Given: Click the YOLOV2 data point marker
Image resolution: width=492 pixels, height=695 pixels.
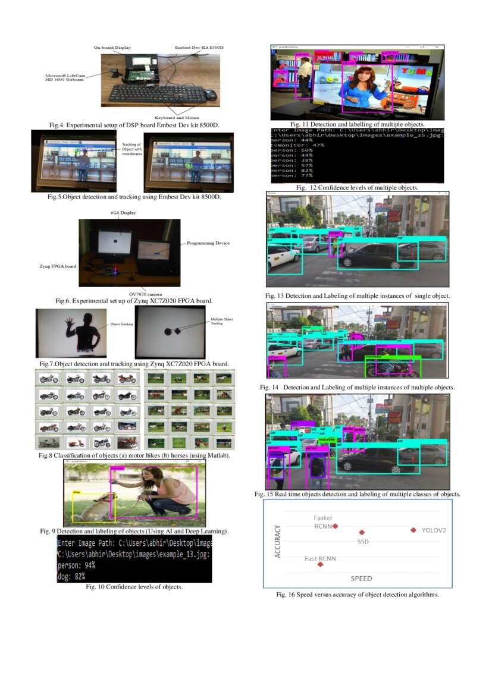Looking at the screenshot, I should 413,530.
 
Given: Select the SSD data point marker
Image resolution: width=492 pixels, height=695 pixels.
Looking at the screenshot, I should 362,533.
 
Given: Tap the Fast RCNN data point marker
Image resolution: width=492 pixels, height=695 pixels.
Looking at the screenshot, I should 321,564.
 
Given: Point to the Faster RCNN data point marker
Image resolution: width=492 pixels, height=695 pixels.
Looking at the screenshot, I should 336,526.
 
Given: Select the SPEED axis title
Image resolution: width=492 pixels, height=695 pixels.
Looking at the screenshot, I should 361,578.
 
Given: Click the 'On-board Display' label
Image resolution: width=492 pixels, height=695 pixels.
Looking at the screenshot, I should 112,47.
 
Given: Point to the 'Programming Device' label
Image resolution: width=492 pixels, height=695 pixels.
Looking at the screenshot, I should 208,243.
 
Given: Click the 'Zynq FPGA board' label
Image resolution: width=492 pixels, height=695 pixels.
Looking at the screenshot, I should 56,267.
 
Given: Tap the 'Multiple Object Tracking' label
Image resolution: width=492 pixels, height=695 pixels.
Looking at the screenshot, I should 221,322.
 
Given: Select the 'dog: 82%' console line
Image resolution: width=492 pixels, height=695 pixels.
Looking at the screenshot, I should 72,577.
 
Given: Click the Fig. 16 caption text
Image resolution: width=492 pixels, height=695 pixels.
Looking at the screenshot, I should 357,595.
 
